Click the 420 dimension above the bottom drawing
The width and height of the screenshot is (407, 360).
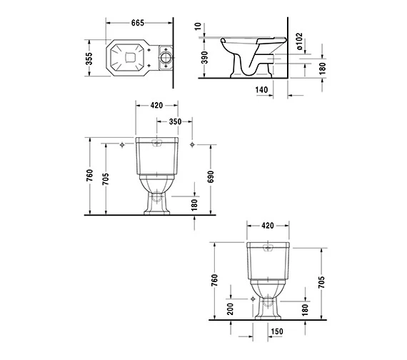click(x=267, y=226)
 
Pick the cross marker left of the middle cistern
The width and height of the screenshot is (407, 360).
click(x=123, y=145)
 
